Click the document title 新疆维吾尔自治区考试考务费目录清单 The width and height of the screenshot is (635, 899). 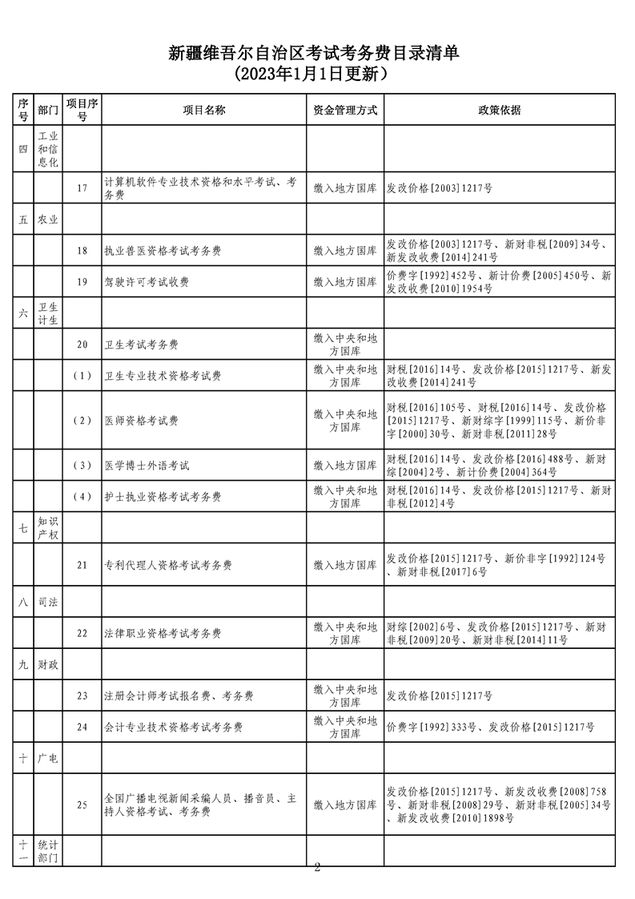coord(317,53)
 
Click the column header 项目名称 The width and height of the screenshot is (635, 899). coord(204,110)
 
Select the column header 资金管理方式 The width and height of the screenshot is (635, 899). coord(345,110)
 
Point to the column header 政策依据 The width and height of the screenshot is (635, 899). coord(500,110)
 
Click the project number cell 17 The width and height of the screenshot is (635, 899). coord(82,188)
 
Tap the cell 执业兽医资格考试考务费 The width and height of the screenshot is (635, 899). coord(163,251)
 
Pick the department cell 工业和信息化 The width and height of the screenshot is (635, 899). coord(48,149)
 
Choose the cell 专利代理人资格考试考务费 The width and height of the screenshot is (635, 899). coord(168,565)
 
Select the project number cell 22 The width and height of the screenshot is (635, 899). coord(82,633)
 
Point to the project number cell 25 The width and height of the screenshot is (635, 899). coord(82,805)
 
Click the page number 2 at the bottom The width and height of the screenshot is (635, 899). coord(317,867)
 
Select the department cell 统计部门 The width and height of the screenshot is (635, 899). coord(48,851)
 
